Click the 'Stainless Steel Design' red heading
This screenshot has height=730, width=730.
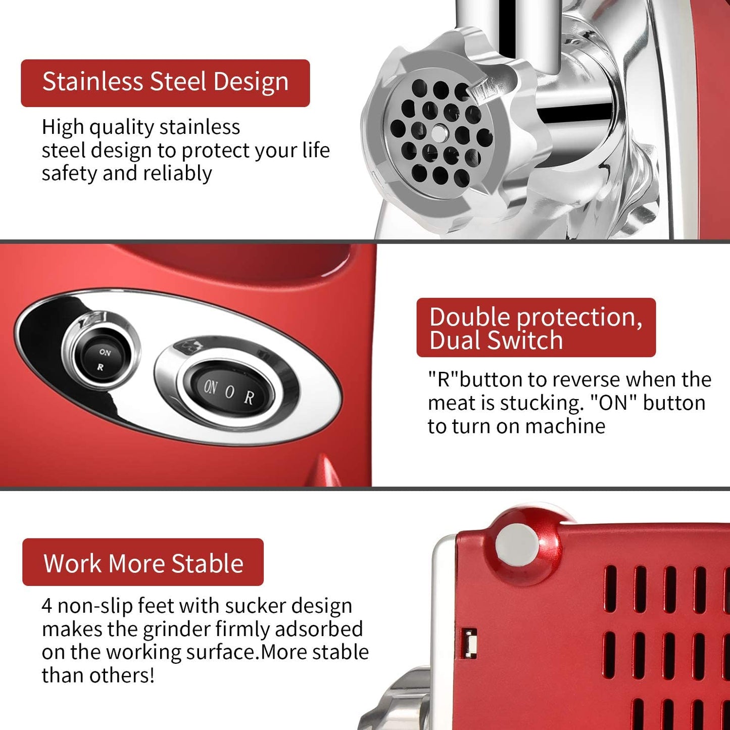tap(165, 82)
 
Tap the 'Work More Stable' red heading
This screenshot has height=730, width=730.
tap(143, 563)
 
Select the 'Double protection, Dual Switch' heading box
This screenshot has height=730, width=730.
tap(536, 328)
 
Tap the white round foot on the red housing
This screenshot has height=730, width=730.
tap(518, 547)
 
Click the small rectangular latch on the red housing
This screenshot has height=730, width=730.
tap(470, 643)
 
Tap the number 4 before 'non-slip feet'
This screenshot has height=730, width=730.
tap(47, 606)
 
